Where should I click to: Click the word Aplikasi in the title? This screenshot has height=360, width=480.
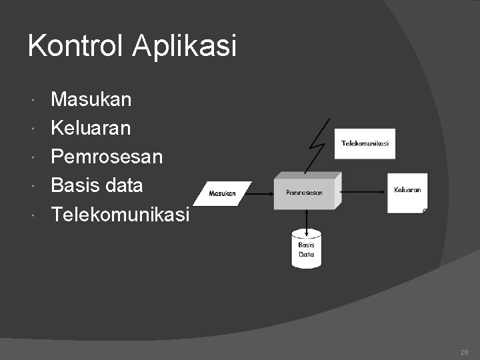pos(184,46)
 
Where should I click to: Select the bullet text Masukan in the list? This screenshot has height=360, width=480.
pos(91,100)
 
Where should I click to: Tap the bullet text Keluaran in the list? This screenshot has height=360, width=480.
pos(91,128)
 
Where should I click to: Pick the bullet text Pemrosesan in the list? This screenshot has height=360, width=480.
pos(107,157)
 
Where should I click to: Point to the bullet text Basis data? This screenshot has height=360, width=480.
pos(97,185)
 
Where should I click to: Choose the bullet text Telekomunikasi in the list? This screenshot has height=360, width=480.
pos(121,214)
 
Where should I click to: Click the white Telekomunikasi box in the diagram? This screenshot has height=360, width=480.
pos(365,143)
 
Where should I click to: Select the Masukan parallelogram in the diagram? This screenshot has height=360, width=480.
pos(223,193)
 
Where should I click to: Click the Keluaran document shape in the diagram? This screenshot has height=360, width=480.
pos(407,192)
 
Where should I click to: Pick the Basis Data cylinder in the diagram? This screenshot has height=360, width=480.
pos(306,249)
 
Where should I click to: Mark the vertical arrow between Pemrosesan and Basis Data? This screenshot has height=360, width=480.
pos(306,221)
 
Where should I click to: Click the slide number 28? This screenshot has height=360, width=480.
pos(464,352)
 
